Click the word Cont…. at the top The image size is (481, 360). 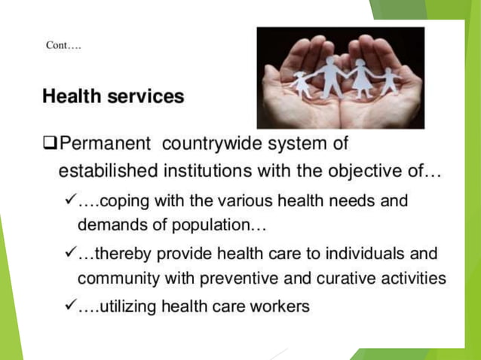click(x=63, y=45)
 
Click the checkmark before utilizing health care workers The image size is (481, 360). click(x=70, y=306)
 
